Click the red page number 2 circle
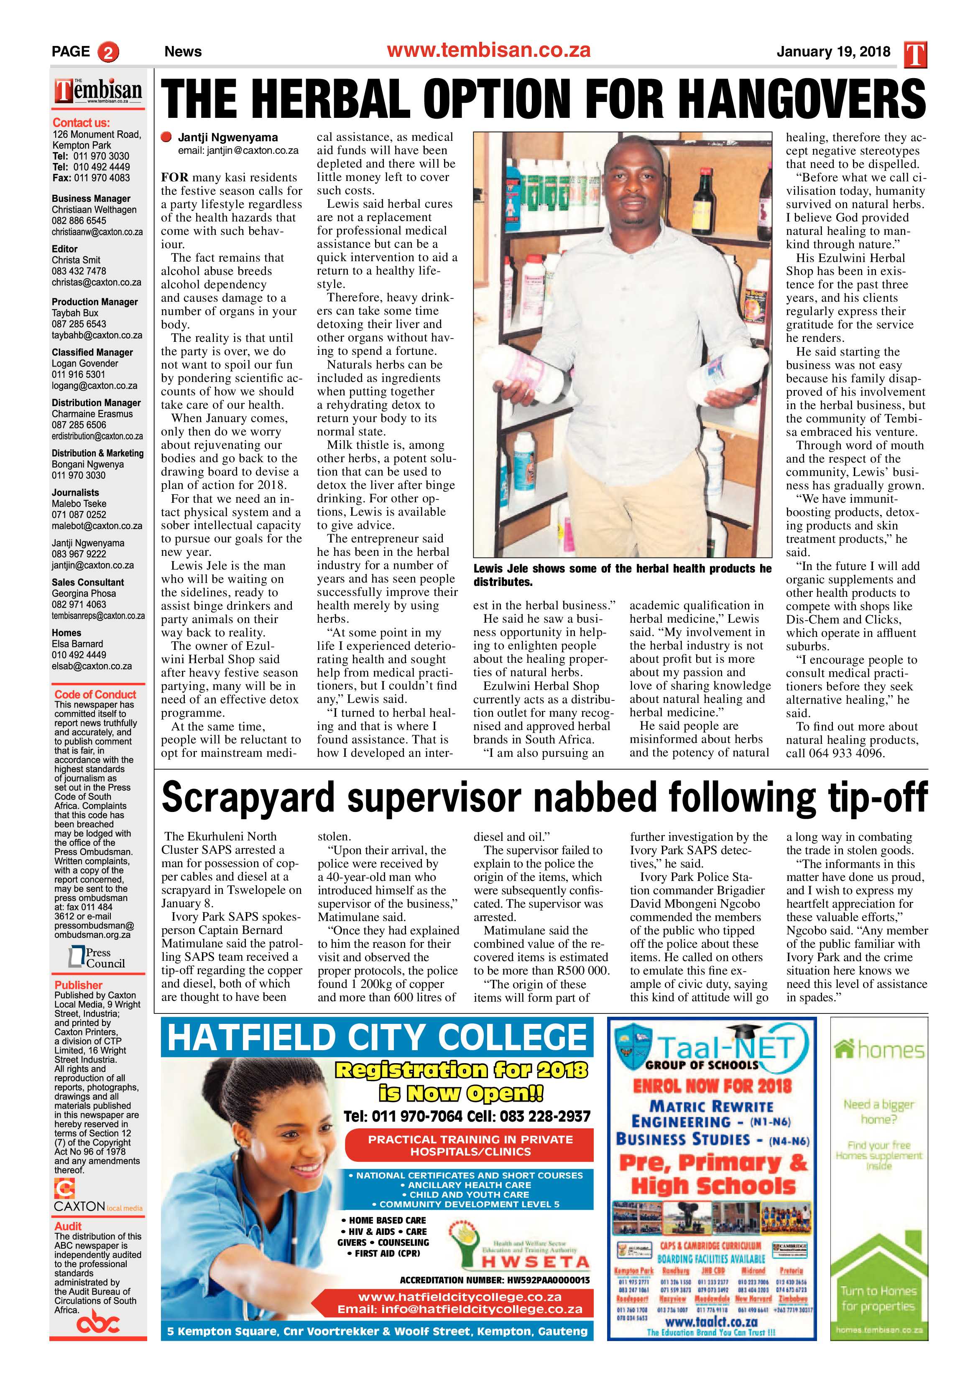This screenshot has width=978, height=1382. pyautogui.click(x=108, y=52)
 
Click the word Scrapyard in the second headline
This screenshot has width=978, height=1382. pyautogui.click(x=248, y=797)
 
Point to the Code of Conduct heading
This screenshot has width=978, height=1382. pyautogui.click(x=95, y=695)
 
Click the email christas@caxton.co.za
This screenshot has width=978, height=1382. pyautogui.click(x=96, y=283)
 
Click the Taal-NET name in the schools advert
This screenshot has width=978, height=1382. pyautogui.click(x=733, y=1047)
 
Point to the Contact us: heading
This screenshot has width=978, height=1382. pyautogui.click(x=81, y=123)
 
